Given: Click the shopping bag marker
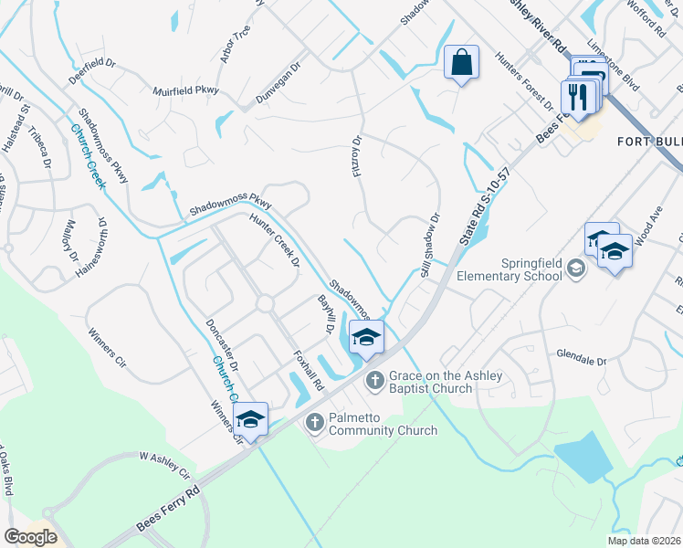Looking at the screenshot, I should point(462,64).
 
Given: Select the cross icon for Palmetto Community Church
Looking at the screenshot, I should point(315,421).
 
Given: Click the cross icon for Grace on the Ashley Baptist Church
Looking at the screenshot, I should point(373,380).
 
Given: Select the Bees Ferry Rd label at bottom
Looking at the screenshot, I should point(168,511).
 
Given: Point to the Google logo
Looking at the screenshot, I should point(30,537).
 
